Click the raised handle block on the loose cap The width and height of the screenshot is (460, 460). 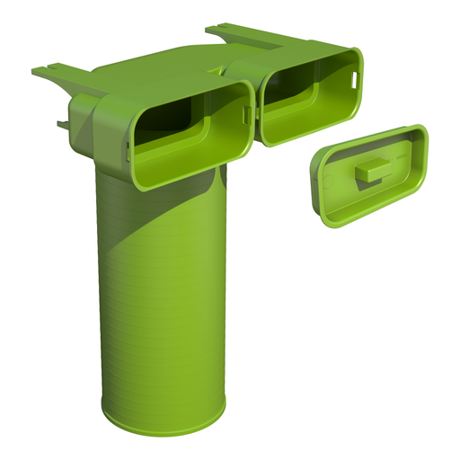click(x=367, y=172)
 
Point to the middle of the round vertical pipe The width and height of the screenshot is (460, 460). click(x=162, y=287)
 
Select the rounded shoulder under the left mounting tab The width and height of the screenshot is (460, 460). click(x=83, y=112)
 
